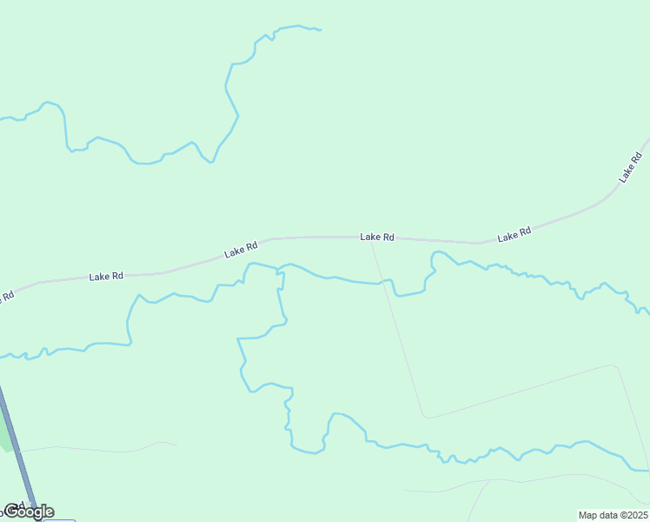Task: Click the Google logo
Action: [x=29, y=511]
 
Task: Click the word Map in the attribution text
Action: [x=588, y=515]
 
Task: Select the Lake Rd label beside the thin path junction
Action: [x=377, y=237]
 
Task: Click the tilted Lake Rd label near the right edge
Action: [x=630, y=167]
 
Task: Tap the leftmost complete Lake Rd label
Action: [x=106, y=276]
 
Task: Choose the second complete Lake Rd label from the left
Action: [x=241, y=250]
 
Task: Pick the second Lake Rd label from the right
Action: [x=514, y=235]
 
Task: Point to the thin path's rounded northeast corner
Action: [x=615, y=366]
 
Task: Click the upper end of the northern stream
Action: [x=320, y=30]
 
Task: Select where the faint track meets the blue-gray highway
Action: [x=21, y=451]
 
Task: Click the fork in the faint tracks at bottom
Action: [x=489, y=480]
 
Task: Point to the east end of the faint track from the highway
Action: [x=176, y=445]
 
